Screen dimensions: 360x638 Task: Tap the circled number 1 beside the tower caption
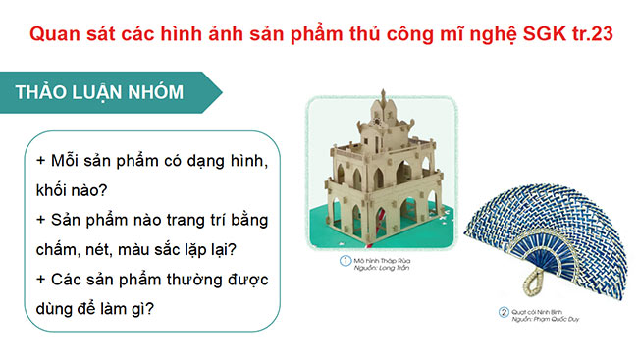pyautogui.click(x=345, y=260)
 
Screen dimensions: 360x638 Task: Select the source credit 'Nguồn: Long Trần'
pyautogui.click(x=378, y=268)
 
